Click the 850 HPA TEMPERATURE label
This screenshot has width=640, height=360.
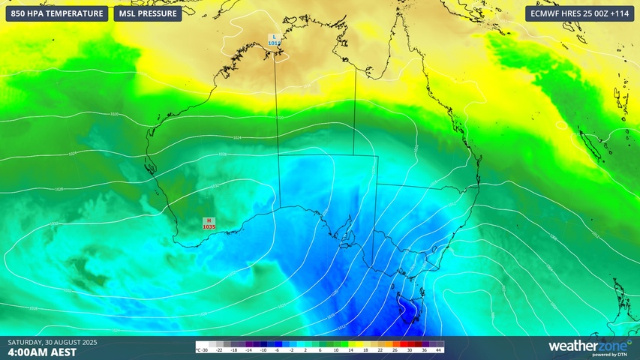57,13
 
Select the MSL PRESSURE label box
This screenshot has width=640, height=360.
148,13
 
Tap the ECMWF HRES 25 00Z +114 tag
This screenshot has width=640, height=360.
579,13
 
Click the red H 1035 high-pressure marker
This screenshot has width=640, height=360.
209,223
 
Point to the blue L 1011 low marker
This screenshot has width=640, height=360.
274,40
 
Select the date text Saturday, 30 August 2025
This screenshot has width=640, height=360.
53,343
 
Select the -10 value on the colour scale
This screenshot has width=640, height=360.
263,350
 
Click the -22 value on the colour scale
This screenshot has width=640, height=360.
220,350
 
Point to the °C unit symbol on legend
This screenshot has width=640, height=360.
199,350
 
